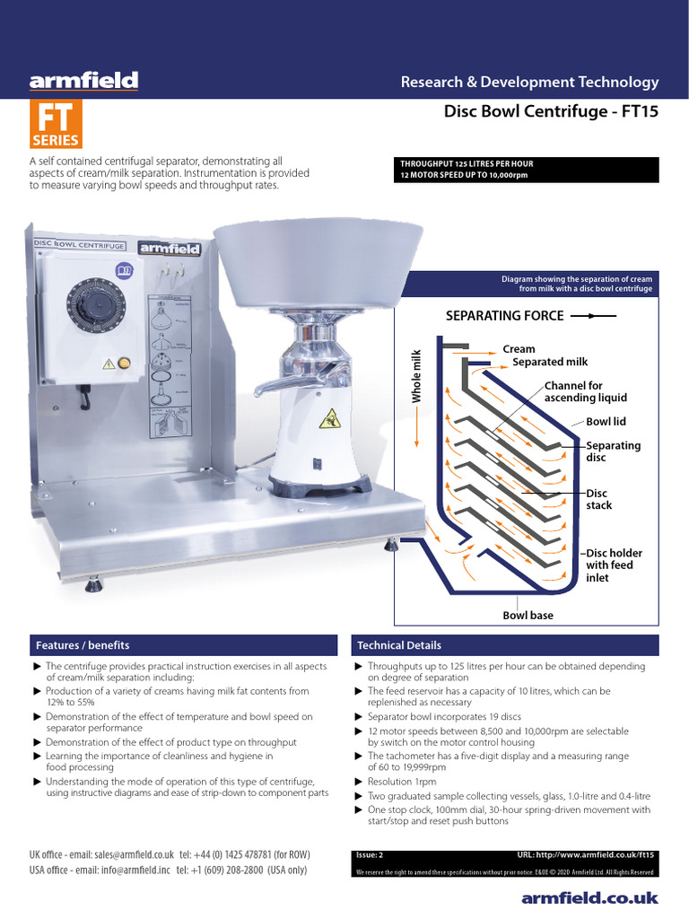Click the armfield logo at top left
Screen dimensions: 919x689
point(83,82)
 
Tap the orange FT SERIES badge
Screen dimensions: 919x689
point(56,124)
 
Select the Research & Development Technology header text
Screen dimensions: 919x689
point(529,82)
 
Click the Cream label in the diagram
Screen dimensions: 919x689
point(519,349)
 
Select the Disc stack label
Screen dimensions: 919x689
point(599,499)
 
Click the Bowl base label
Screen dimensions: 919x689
point(528,616)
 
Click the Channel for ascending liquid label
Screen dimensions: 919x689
point(585,391)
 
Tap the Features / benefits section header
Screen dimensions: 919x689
point(83,645)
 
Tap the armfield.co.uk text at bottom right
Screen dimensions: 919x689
point(589,897)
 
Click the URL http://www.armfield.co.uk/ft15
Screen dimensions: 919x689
point(587,856)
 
